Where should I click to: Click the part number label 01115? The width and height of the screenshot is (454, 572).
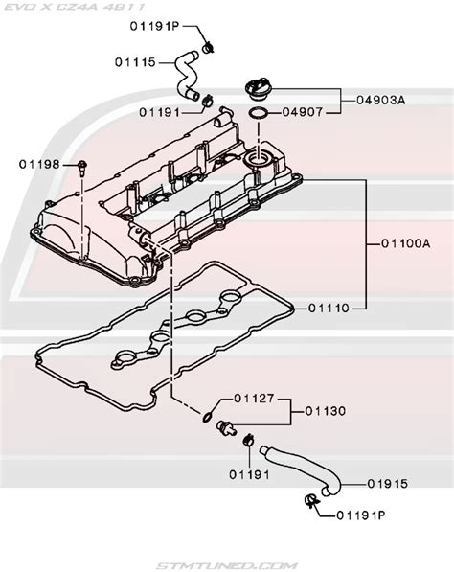135,62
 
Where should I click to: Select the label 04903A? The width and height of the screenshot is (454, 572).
380,100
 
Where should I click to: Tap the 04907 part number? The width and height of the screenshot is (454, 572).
303,112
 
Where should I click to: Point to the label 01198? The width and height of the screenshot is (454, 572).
39,165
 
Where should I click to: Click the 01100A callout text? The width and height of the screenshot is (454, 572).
406,243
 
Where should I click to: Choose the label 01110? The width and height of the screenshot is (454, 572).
329,309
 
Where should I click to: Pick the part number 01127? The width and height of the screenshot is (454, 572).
254,399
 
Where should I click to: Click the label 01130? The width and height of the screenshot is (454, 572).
326,411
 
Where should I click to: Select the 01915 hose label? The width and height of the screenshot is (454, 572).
387,484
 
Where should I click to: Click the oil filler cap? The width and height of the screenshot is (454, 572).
260,89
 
